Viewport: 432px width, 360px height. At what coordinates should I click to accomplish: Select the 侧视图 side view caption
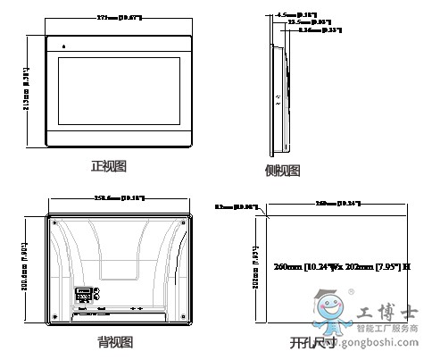pos(282,171)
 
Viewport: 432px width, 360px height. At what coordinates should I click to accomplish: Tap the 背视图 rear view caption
pos(115,342)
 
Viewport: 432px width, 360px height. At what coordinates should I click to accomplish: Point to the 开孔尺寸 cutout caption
pos(312,343)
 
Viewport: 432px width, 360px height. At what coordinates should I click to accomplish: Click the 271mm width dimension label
pos(120,18)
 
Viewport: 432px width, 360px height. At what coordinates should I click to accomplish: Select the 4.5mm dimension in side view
pos(297,15)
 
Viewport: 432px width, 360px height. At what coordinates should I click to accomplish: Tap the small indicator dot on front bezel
pos(63,46)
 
